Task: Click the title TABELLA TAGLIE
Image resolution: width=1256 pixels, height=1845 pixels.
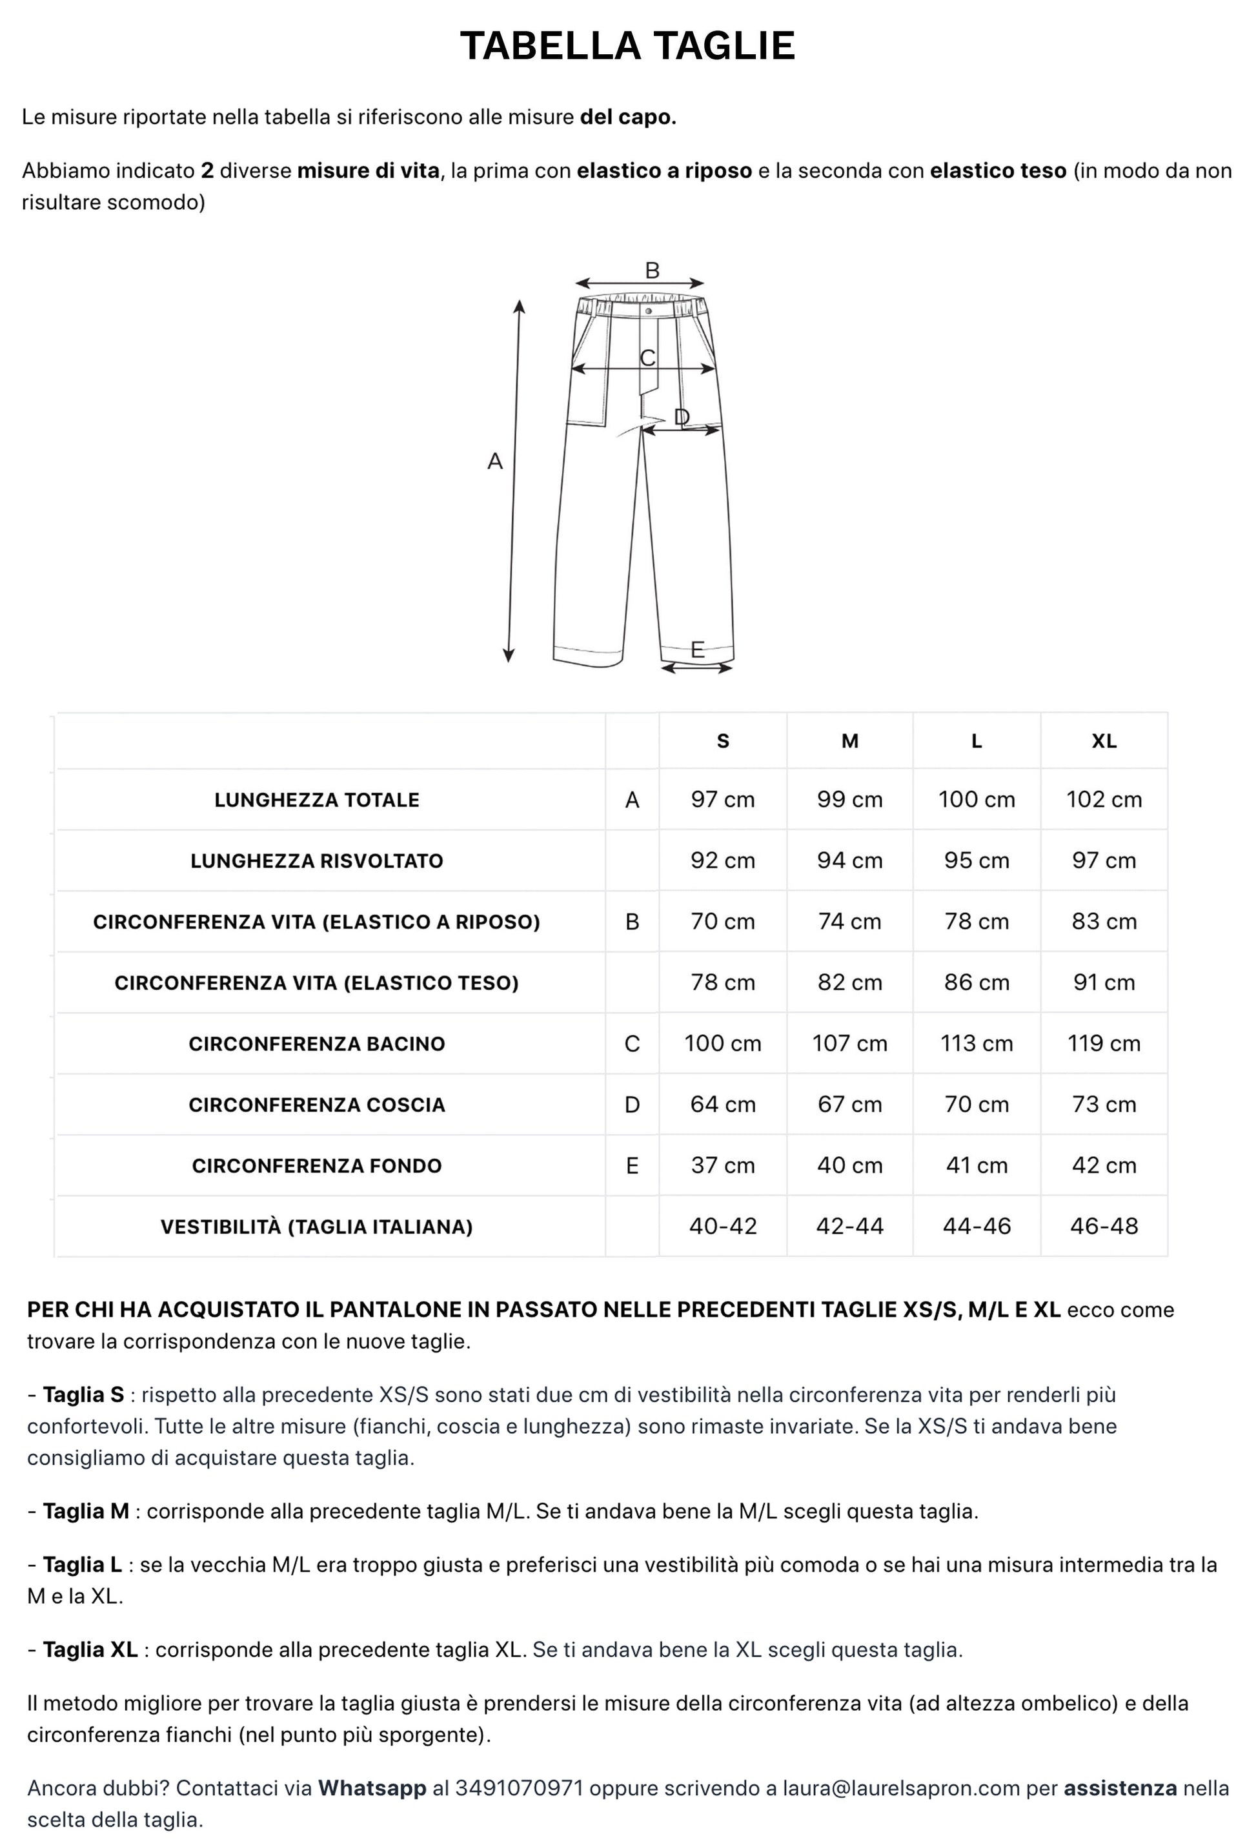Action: [x=627, y=46]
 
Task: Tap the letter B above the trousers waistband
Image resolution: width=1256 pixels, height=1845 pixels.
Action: [x=652, y=270]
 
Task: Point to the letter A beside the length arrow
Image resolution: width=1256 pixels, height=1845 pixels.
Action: [x=494, y=461]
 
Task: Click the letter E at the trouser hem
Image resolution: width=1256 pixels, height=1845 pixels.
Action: [x=697, y=650]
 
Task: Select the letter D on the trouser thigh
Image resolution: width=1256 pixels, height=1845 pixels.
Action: [x=681, y=417]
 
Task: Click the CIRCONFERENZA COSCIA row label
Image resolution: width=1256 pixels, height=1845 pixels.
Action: [x=316, y=1105]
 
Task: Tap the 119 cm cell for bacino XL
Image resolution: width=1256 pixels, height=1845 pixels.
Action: [x=1104, y=1043]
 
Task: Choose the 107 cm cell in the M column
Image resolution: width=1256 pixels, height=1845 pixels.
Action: [x=849, y=1043]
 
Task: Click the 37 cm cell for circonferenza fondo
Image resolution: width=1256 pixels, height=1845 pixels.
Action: [x=722, y=1165]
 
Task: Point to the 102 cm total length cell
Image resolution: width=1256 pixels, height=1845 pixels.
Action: [x=1104, y=799]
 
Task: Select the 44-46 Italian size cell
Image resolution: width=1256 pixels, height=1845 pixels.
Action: [x=977, y=1227]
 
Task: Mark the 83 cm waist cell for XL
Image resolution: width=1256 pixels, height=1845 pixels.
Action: [x=1104, y=922]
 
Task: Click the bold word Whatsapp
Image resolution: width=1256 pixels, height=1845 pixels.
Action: [x=372, y=1788]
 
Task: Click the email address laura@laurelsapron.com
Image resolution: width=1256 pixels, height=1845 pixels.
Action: [x=901, y=1788]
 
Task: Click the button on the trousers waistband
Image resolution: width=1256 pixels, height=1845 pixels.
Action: [x=649, y=311]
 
